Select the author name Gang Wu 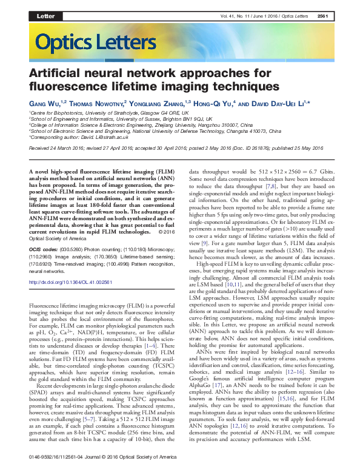[42, 104]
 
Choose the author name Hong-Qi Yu [218, 104]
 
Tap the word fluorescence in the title [67, 87]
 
